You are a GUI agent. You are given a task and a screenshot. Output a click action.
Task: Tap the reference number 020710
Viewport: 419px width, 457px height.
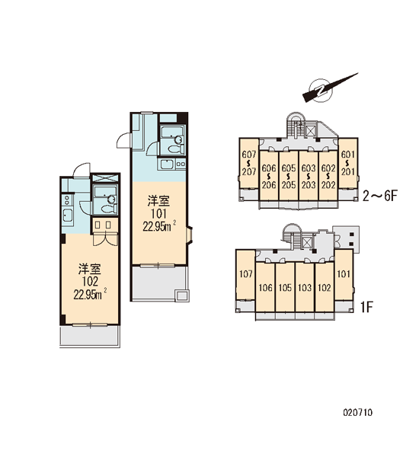point(358,412)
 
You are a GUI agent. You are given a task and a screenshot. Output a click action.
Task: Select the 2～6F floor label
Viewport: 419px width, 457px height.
point(380,196)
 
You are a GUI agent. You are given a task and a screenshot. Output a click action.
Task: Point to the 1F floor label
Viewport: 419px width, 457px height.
point(367,307)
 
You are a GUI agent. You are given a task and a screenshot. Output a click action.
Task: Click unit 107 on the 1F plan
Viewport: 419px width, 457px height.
point(246,274)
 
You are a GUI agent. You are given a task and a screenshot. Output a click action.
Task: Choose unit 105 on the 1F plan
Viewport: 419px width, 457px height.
point(285,288)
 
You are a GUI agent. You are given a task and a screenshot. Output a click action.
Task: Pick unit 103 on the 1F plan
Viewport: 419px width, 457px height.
point(305,288)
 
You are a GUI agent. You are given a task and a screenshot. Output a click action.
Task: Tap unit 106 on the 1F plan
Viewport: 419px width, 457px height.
point(265,288)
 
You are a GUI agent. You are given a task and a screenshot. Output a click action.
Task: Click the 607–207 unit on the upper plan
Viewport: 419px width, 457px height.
point(249,163)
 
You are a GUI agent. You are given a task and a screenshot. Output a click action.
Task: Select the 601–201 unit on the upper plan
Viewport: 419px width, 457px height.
point(348,163)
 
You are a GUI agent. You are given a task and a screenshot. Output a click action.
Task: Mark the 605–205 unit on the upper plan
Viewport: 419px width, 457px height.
point(289,176)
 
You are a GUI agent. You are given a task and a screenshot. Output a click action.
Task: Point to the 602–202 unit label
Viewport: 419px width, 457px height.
point(328,177)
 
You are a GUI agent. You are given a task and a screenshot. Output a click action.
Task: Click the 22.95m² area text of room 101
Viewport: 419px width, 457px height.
point(159,226)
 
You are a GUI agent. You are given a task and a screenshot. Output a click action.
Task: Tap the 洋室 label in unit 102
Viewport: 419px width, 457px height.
point(90,270)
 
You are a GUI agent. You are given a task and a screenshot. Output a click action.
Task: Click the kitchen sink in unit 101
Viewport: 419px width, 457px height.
point(167,165)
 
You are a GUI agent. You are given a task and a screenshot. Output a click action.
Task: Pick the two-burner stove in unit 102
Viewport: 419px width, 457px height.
point(67,200)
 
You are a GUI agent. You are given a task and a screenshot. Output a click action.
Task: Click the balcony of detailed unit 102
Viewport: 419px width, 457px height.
point(90,336)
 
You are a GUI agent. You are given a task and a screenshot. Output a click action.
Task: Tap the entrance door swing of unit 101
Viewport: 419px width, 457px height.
point(123,140)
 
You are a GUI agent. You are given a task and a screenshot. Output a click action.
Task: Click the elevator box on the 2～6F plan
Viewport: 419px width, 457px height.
point(311,130)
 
